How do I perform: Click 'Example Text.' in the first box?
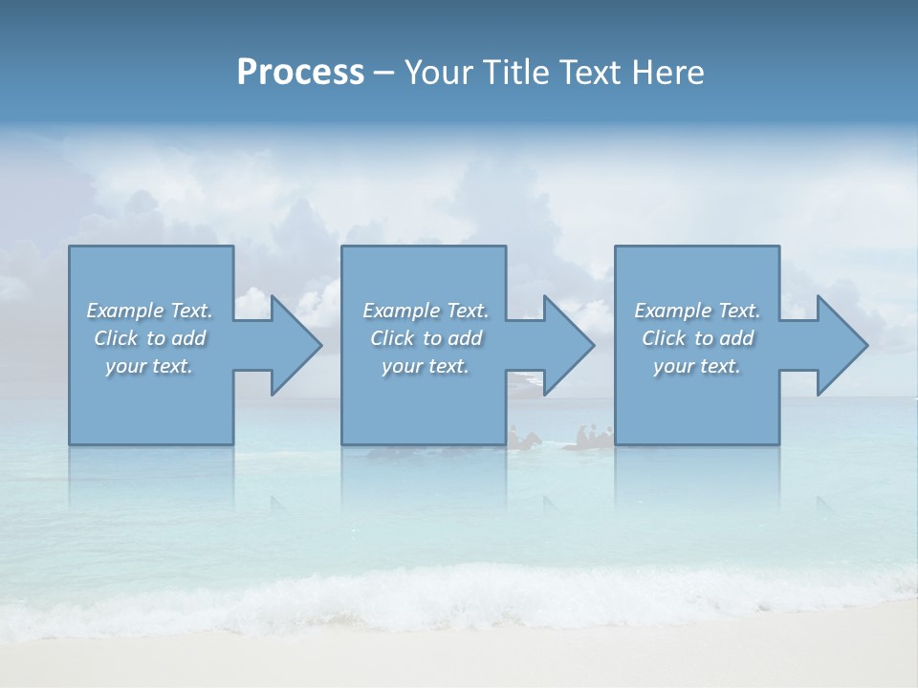click(x=149, y=311)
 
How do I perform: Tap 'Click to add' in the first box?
click(x=149, y=338)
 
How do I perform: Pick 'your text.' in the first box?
click(x=149, y=366)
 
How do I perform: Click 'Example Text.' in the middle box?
click(x=426, y=311)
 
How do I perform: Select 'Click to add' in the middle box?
click(x=426, y=338)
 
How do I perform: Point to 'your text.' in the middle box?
click(x=426, y=366)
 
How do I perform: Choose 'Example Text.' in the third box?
click(x=697, y=311)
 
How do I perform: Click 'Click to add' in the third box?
click(x=697, y=338)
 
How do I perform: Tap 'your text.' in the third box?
click(x=697, y=366)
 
